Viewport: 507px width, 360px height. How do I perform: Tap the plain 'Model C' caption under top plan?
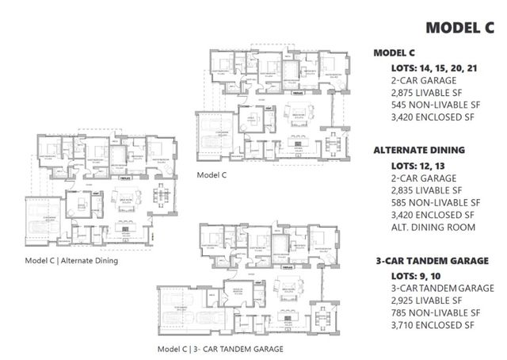point(212,174)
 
